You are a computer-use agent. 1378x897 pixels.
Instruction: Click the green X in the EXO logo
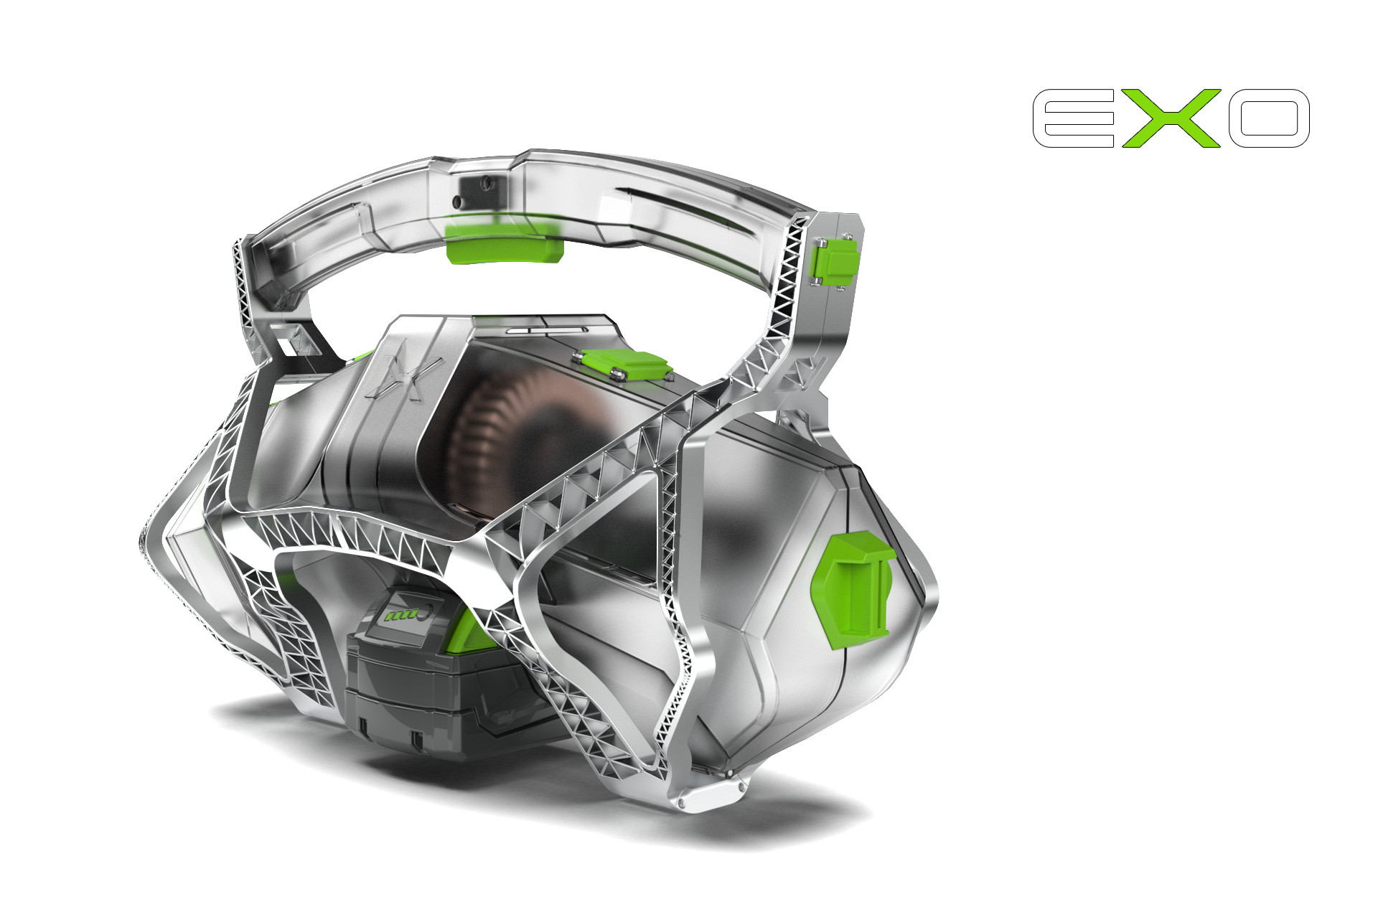(x=1171, y=118)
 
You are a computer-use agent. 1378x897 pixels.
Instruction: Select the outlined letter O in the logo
(x=1269, y=118)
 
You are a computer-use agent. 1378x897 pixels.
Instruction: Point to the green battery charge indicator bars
(x=399, y=616)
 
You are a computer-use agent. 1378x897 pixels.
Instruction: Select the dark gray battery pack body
(x=438, y=689)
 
